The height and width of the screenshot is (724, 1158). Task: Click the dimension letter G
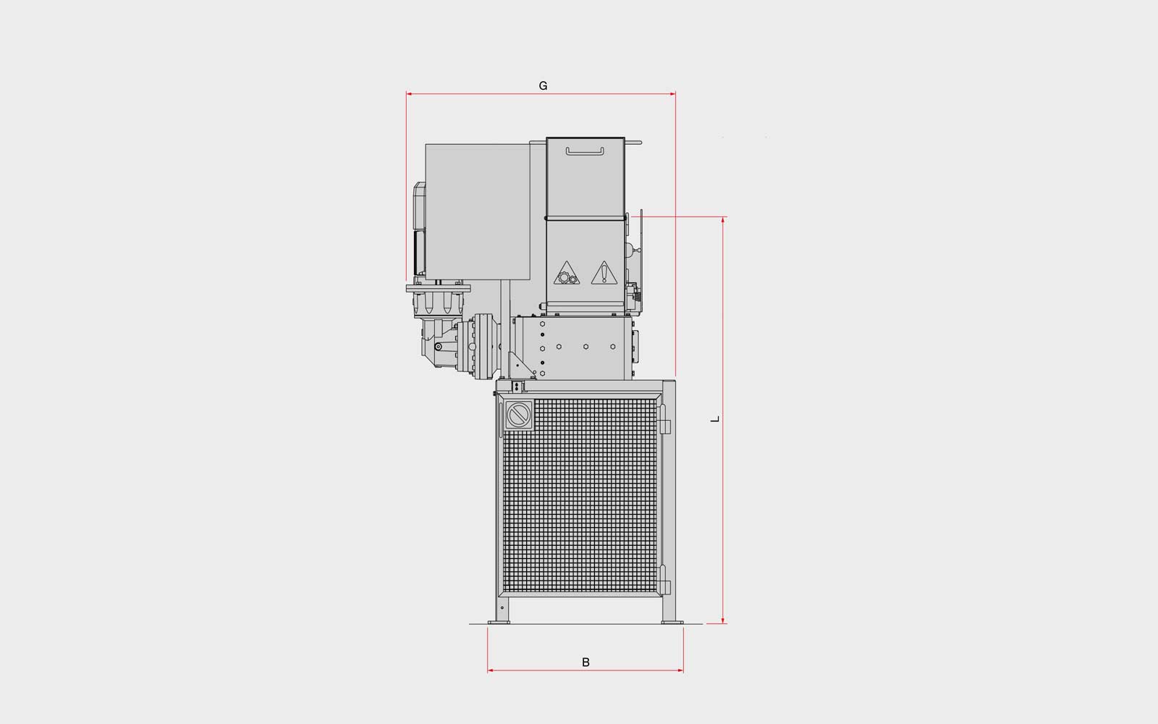543,86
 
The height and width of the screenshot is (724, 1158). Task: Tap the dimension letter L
715,419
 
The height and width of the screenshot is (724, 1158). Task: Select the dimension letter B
586,662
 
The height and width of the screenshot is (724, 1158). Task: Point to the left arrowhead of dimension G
409,94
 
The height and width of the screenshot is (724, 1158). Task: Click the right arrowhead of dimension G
672,94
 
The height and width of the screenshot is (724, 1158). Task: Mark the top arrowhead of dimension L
723,220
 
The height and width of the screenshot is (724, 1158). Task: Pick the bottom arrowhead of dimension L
723,620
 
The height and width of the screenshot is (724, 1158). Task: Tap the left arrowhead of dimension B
490,670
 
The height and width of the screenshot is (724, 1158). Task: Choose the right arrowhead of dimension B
680,670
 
